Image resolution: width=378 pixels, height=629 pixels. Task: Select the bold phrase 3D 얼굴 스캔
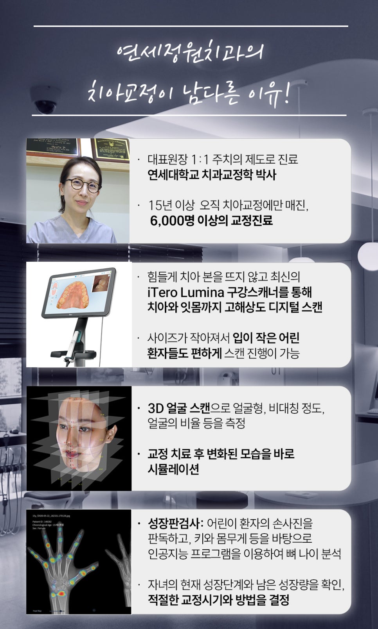click(x=179, y=408)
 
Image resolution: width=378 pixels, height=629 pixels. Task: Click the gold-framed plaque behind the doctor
click(x=111, y=150)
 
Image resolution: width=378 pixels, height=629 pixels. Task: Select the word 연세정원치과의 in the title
click(x=190, y=52)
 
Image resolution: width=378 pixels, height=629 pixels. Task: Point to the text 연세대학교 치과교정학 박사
click(x=212, y=175)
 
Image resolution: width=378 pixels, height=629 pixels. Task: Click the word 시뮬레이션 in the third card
click(x=173, y=469)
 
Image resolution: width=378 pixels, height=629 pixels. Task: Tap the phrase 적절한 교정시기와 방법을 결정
click(x=218, y=600)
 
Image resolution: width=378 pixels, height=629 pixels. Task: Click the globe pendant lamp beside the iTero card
click(x=368, y=255)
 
